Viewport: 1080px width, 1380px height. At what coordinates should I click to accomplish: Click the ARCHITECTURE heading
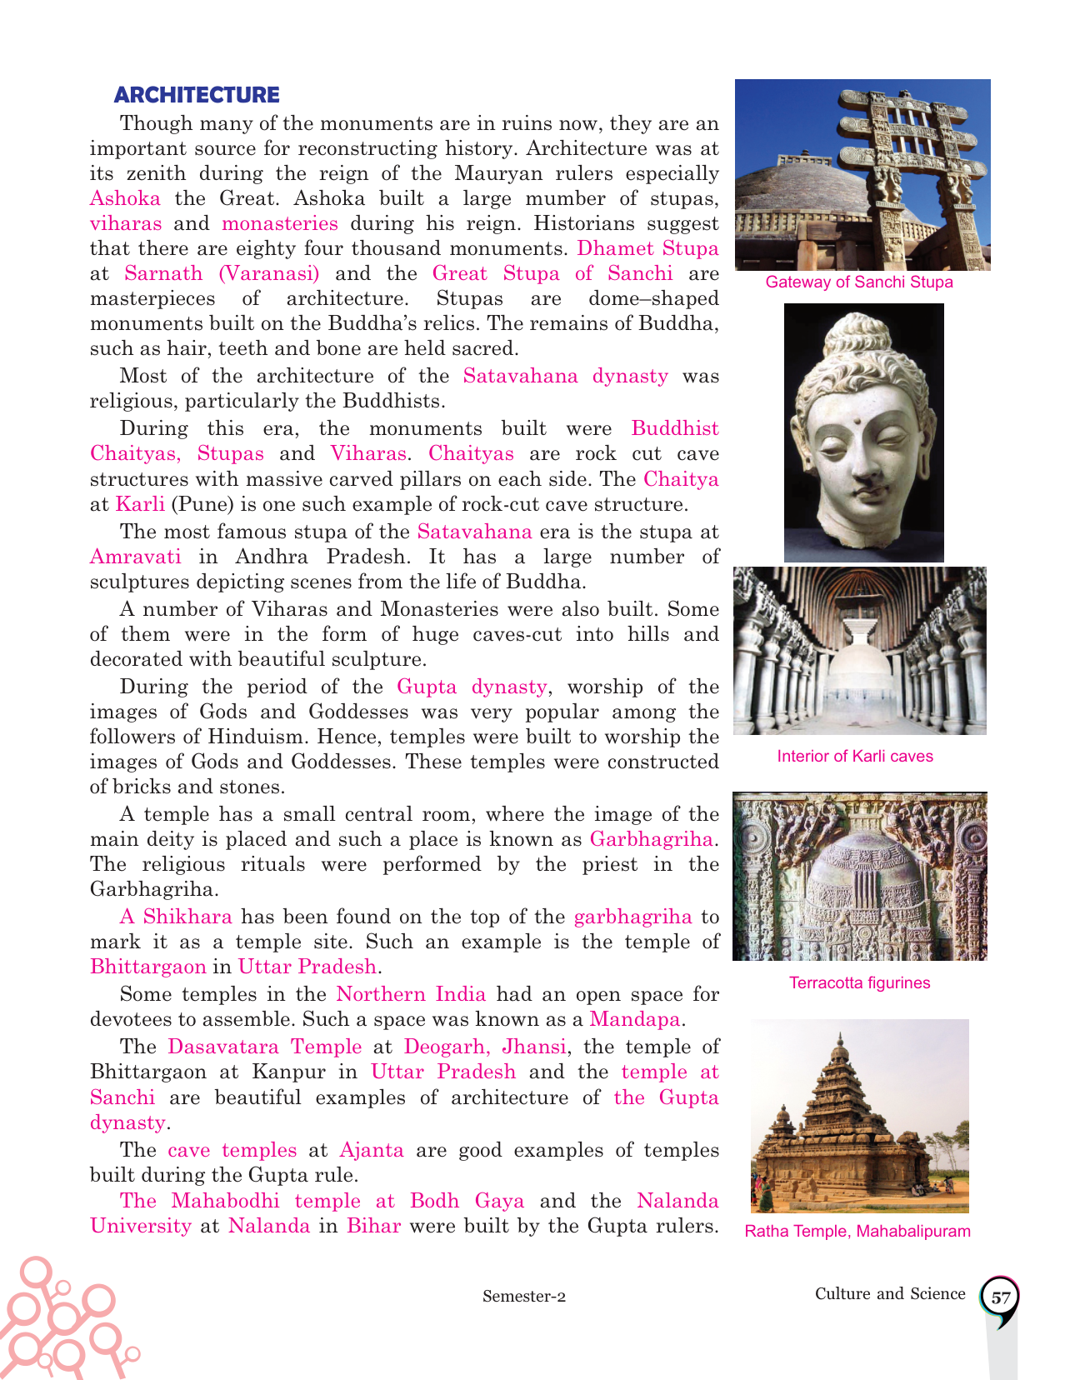point(197,95)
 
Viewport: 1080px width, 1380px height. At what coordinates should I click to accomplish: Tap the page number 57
point(1001,1297)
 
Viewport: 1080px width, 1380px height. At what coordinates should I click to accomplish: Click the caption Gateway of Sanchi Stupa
point(859,282)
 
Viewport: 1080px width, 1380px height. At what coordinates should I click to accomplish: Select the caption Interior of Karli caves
point(855,757)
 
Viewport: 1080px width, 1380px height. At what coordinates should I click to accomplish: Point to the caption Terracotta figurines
point(859,983)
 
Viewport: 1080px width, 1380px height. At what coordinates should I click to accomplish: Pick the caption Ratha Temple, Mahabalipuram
point(857,1232)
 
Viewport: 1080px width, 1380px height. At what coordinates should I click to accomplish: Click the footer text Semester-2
point(524,1297)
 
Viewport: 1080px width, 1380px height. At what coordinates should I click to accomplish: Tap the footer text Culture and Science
point(890,1294)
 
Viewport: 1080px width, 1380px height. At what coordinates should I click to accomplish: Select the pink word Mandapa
point(635,1019)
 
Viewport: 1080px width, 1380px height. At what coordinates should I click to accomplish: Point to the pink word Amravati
point(135,557)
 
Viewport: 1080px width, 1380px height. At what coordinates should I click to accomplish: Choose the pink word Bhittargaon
point(147,967)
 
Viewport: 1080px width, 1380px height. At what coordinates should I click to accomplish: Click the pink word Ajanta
point(372,1150)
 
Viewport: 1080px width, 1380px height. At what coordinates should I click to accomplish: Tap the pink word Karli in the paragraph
point(140,504)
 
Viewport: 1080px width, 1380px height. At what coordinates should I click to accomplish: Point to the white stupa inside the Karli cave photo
point(859,667)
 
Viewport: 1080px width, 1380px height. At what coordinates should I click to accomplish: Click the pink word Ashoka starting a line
point(125,198)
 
